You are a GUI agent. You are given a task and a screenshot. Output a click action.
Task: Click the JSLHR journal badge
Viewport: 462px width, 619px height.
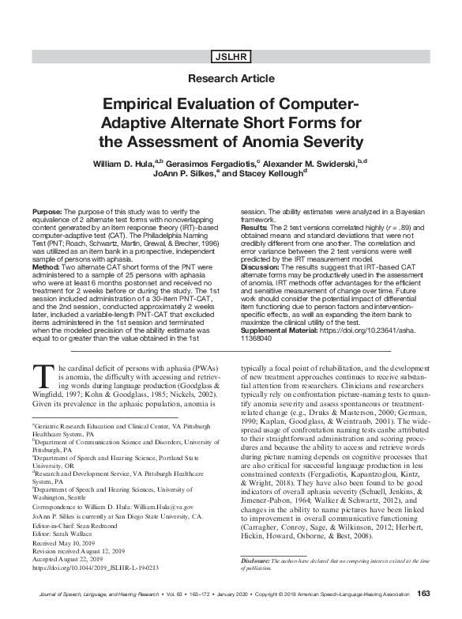coord(231,56)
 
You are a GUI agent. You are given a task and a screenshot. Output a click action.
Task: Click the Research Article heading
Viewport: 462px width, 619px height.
coord(231,80)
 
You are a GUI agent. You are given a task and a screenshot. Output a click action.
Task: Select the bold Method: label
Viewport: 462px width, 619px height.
coord(46,267)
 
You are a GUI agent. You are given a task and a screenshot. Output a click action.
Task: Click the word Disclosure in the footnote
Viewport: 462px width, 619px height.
coord(256,560)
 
